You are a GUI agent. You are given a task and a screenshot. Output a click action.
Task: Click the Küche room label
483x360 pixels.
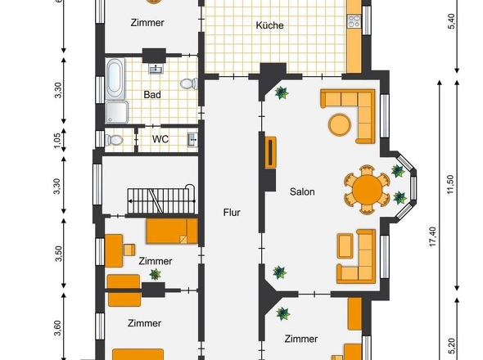point(269,25)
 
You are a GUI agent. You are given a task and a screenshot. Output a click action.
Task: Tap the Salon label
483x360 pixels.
point(302,191)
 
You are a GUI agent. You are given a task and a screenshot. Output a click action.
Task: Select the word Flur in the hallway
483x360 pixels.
point(232,213)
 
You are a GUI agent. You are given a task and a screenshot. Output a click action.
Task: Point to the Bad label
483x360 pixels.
point(152,95)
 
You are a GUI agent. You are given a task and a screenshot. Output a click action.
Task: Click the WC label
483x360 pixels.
point(160,139)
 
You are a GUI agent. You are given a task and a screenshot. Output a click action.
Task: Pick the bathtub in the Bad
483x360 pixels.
point(115,79)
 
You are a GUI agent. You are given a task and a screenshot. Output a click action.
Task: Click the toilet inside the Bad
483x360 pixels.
point(189,83)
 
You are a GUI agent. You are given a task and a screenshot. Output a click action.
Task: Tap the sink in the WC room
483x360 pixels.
point(193,140)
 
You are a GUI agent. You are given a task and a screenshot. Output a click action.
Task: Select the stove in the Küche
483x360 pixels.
point(354,21)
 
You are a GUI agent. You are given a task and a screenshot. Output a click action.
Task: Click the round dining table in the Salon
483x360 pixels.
point(367,190)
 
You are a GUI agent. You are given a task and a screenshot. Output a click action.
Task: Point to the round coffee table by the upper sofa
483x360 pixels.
point(340,124)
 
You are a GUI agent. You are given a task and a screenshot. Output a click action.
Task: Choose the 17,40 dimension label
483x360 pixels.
point(433,236)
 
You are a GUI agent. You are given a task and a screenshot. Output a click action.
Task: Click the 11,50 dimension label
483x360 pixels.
point(450,184)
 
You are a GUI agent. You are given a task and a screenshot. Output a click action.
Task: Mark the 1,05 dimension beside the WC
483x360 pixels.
point(57,141)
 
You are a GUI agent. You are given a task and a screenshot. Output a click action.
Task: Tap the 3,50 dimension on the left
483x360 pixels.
point(58,254)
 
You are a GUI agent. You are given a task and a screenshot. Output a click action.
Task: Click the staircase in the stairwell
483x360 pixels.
point(161,200)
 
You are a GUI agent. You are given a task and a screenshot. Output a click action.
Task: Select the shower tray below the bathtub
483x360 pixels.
point(117,112)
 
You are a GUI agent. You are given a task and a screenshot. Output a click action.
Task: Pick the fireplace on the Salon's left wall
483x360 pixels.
point(270,152)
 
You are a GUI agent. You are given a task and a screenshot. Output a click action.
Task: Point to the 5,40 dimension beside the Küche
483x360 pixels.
point(450,21)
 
